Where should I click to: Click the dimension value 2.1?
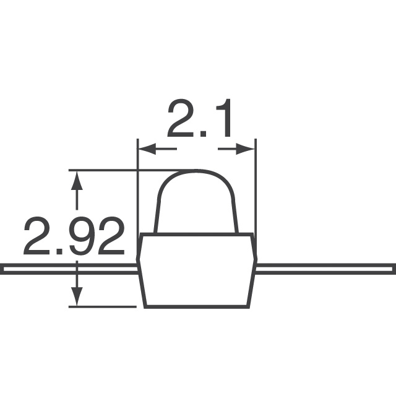(x=199, y=121)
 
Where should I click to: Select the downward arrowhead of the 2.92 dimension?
(x=77, y=296)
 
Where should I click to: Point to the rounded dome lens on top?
(x=196, y=201)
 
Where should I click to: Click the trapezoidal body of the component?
(x=196, y=270)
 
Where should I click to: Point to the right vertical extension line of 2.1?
(x=255, y=186)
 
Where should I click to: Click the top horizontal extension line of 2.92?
(x=124, y=170)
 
